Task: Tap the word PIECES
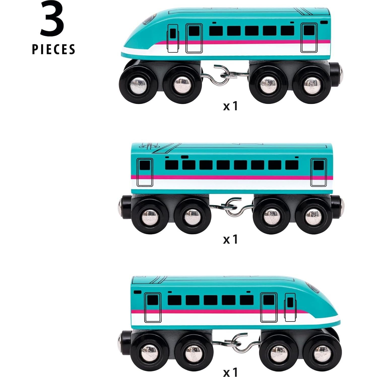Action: click(54, 49)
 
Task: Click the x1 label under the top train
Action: click(230, 106)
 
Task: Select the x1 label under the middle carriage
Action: click(230, 239)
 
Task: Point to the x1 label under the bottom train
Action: click(230, 371)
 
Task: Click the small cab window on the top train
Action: click(173, 33)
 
